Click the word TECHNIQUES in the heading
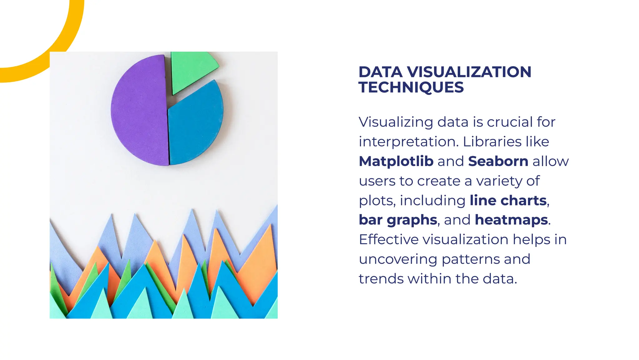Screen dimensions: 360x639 click(411, 87)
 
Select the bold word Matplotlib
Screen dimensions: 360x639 click(396, 161)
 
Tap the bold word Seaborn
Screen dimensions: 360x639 click(498, 161)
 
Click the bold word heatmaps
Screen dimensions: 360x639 click(511, 220)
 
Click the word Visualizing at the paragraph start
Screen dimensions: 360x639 click(396, 122)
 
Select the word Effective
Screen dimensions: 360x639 click(388, 240)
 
